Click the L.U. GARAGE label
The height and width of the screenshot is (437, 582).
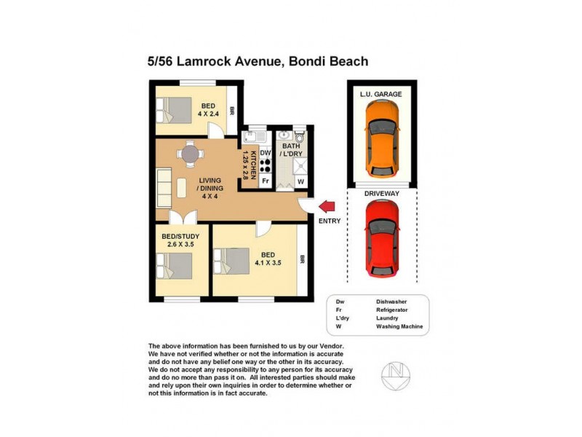tap(380, 95)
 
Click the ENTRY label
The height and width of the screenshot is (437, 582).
tap(329, 221)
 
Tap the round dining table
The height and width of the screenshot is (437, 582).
tap(189, 153)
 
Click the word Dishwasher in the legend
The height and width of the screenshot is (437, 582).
tap(391, 301)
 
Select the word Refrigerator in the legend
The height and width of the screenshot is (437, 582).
tap(392, 310)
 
